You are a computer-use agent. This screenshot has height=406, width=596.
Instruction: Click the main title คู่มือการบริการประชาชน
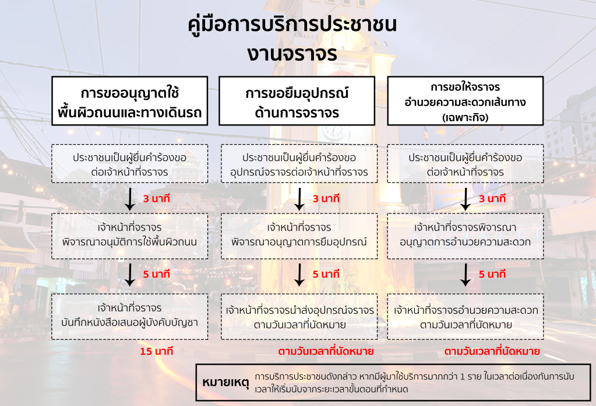click(x=292, y=24)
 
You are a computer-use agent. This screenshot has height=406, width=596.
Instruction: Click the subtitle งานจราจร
click(x=292, y=54)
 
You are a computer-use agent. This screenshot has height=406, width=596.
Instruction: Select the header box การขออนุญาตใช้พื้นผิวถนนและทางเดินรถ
click(x=129, y=101)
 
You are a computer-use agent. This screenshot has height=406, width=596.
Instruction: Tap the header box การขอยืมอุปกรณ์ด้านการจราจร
click(x=297, y=101)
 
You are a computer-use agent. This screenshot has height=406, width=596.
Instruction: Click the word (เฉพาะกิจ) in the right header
click(x=465, y=117)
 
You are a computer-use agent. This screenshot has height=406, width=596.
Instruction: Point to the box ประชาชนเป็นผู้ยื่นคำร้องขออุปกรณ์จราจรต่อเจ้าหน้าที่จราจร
click(x=299, y=163)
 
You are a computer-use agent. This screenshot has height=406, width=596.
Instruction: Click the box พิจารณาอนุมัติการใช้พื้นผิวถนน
click(x=129, y=236)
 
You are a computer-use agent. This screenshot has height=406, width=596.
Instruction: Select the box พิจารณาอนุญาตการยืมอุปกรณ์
click(x=299, y=236)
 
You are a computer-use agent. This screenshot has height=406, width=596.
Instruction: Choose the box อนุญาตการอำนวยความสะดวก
click(x=465, y=236)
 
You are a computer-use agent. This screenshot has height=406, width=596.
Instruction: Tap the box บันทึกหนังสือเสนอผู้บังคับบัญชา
click(x=129, y=316)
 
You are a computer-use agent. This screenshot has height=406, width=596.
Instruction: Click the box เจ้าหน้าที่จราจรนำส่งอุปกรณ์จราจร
click(x=299, y=316)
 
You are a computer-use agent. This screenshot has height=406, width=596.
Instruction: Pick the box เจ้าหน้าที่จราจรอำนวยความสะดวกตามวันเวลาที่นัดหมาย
click(x=465, y=316)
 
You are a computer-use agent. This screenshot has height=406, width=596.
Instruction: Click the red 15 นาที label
click(x=156, y=351)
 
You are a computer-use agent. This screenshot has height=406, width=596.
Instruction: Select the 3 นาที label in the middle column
click(x=326, y=198)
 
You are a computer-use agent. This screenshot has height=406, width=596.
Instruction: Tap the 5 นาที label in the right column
click(x=492, y=274)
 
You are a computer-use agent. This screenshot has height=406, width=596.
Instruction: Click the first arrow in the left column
click(x=130, y=199)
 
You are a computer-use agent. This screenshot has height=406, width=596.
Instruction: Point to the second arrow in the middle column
click(x=299, y=275)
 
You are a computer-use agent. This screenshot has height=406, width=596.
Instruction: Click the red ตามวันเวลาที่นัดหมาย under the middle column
click(x=326, y=351)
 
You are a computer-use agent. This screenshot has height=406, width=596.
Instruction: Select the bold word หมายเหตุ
click(x=225, y=382)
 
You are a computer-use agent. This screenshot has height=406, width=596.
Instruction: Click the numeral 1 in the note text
click(x=462, y=377)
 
